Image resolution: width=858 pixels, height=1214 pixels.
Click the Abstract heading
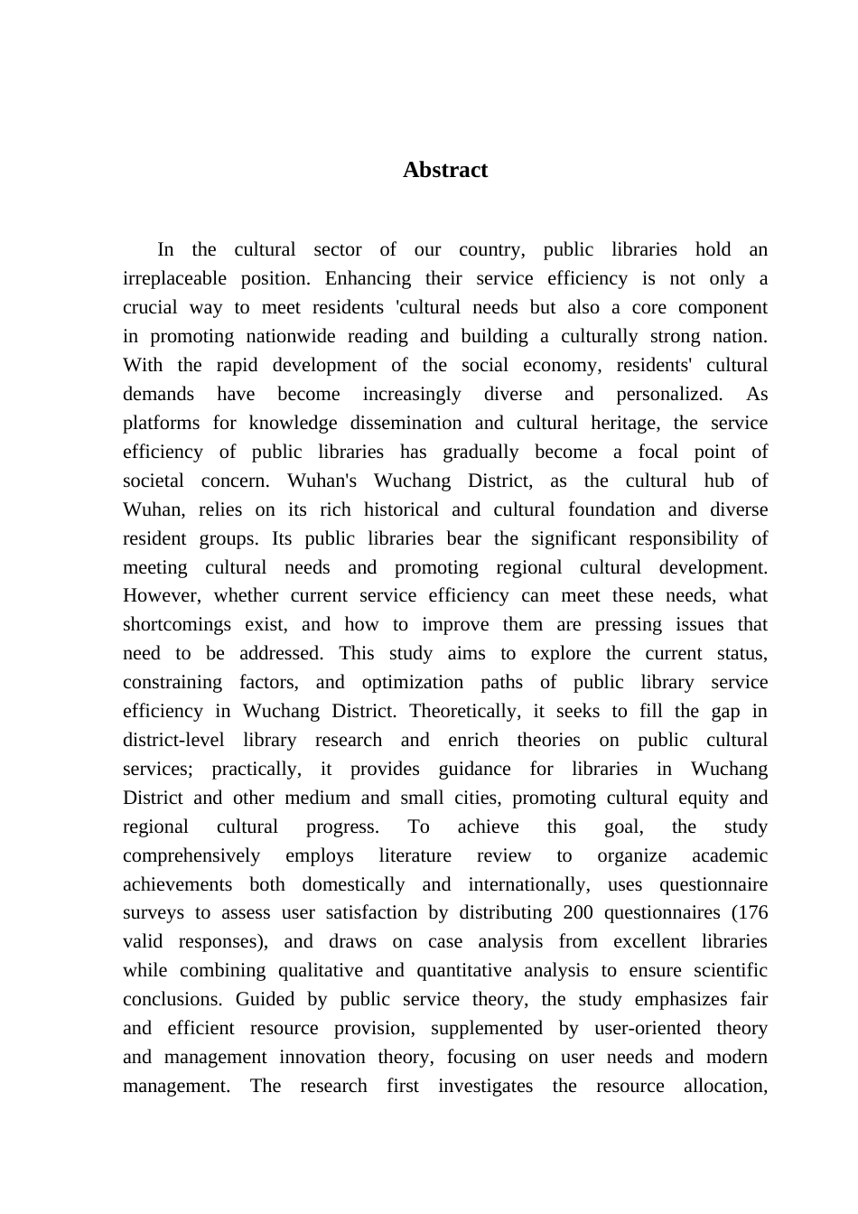coord(445,170)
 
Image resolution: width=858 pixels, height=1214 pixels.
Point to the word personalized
coord(668,394)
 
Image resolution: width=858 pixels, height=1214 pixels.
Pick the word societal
coord(153,481)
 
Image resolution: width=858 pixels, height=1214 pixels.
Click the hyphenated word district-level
coord(173,740)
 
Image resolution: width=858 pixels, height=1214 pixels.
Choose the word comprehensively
coord(191,855)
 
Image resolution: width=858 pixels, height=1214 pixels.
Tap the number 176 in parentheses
coord(751,912)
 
